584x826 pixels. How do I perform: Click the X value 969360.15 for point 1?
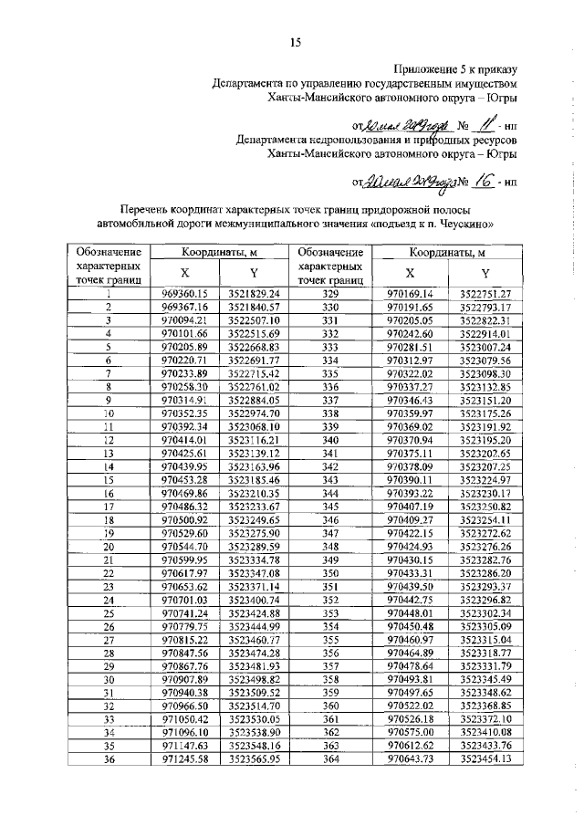tap(185, 293)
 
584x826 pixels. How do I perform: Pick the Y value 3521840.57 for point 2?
tap(254, 308)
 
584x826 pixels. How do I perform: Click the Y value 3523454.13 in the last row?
tap(485, 759)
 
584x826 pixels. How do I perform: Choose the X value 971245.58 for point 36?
tap(185, 759)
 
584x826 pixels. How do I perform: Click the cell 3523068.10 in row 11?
tap(254, 426)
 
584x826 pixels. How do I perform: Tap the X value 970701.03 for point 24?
tap(185, 600)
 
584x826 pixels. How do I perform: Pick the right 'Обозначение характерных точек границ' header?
tap(330, 266)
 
